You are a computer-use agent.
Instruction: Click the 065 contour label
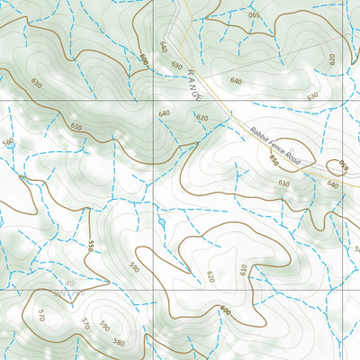click(253, 15)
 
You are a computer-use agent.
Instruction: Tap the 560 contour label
click(8, 142)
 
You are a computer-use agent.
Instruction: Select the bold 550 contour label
click(91, 247)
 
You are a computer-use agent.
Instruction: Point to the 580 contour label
click(119, 342)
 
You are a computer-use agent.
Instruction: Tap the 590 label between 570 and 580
click(104, 326)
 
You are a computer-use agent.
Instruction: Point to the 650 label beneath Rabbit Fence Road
click(273, 161)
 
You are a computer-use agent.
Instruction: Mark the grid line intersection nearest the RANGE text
click(154, 101)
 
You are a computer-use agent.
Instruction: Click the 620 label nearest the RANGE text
click(202, 118)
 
